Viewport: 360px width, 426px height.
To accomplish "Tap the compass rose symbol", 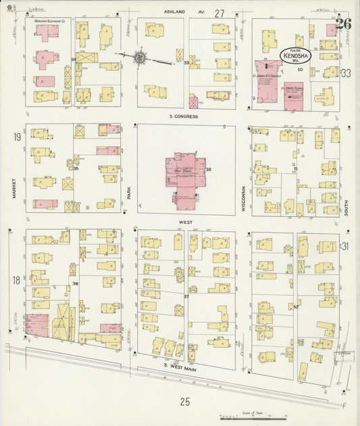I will click(140, 57).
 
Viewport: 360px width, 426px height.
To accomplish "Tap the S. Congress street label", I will click(184, 116).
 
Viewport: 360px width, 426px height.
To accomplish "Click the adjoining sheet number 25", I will click(184, 402).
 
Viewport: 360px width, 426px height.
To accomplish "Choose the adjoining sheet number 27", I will click(219, 13).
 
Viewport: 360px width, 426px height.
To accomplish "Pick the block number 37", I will click(186, 296).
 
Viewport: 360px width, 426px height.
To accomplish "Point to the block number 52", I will click(297, 306).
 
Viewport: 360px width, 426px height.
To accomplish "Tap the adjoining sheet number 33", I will click(346, 72).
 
